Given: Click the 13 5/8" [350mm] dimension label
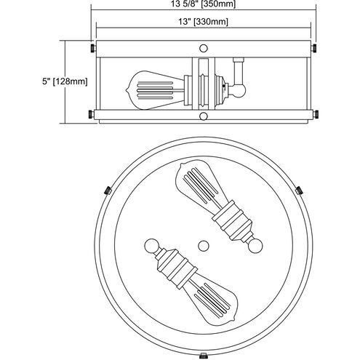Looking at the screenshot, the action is click(x=203, y=4).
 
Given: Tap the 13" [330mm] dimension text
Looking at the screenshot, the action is click(x=203, y=22).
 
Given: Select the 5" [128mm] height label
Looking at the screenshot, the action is click(x=65, y=81).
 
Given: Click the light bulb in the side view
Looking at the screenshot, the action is click(x=155, y=90).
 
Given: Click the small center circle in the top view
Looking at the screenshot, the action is click(x=204, y=246).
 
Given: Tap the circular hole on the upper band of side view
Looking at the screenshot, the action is click(x=204, y=48).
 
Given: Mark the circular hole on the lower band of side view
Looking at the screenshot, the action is click(x=204, y=116).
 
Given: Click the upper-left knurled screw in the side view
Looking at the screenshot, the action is click(x=92, y=48).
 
